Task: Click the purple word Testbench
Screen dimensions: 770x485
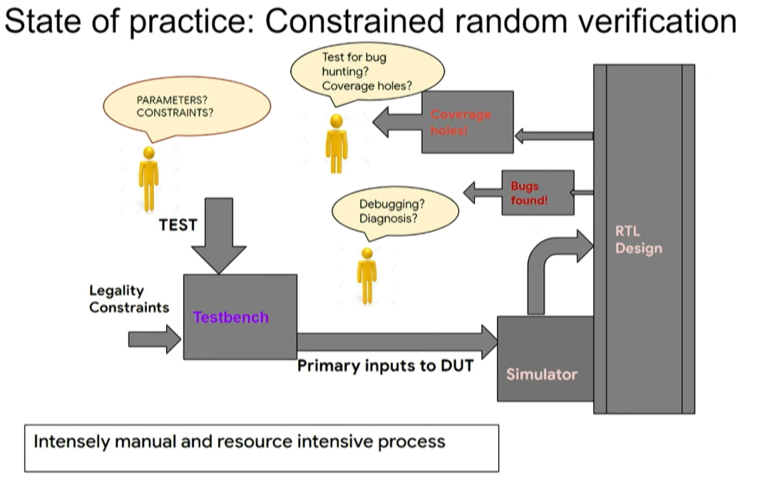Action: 231,317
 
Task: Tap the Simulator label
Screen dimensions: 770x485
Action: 542,374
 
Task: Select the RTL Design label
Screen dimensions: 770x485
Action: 638,240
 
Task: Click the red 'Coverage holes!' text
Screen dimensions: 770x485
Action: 461,122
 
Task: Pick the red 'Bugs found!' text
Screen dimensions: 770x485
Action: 529,193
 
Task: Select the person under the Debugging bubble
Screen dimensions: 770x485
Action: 367,276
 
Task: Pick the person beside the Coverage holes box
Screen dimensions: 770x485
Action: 337,143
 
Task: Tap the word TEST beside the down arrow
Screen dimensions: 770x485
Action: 178,225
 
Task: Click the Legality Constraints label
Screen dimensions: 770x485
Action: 129,299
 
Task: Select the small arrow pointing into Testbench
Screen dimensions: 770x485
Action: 155,339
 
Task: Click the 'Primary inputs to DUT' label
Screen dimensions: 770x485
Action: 386,366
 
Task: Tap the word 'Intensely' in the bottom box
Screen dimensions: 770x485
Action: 72,441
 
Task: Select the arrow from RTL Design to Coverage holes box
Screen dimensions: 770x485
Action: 554,136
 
